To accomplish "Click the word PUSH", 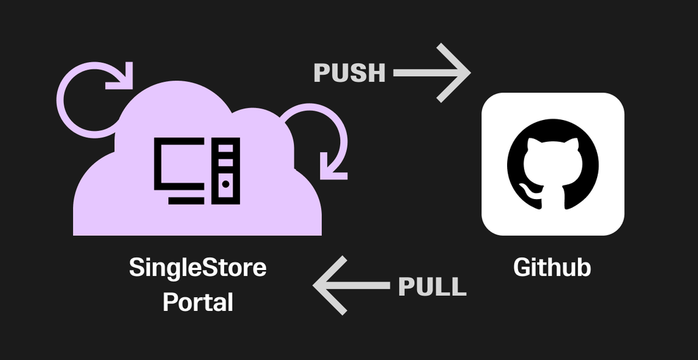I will (349, 72).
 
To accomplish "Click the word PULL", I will (432, 286).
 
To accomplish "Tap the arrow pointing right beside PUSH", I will (432, 72).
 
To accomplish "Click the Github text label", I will (552, 267).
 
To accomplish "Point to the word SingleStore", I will (198, 267).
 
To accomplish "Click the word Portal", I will (198, 301).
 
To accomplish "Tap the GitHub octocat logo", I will (553, 164).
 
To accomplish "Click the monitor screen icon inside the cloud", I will (179, 164).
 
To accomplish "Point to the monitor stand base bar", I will (185, 200).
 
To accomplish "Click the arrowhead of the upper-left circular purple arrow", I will (121, 77).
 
